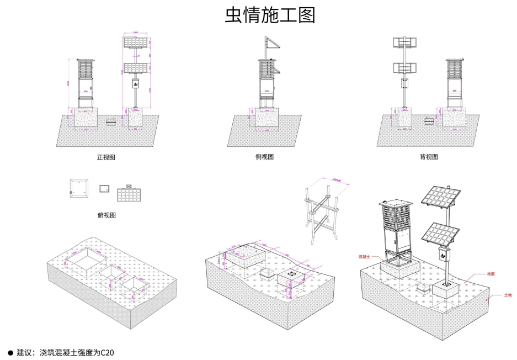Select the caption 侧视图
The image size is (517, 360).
coord(264,157)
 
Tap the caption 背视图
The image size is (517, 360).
coord(428,157)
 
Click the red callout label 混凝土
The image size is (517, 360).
coord(363,257)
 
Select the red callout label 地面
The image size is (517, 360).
coord(490,273)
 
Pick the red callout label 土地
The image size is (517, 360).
coord(507,295)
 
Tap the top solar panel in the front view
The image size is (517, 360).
coord(135,42)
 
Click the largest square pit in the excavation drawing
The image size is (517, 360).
coord(87,258)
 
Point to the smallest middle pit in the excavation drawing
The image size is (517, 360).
coord(114,272)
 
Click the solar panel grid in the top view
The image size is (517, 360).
coord(130,194)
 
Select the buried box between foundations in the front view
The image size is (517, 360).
coord(111,121)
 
